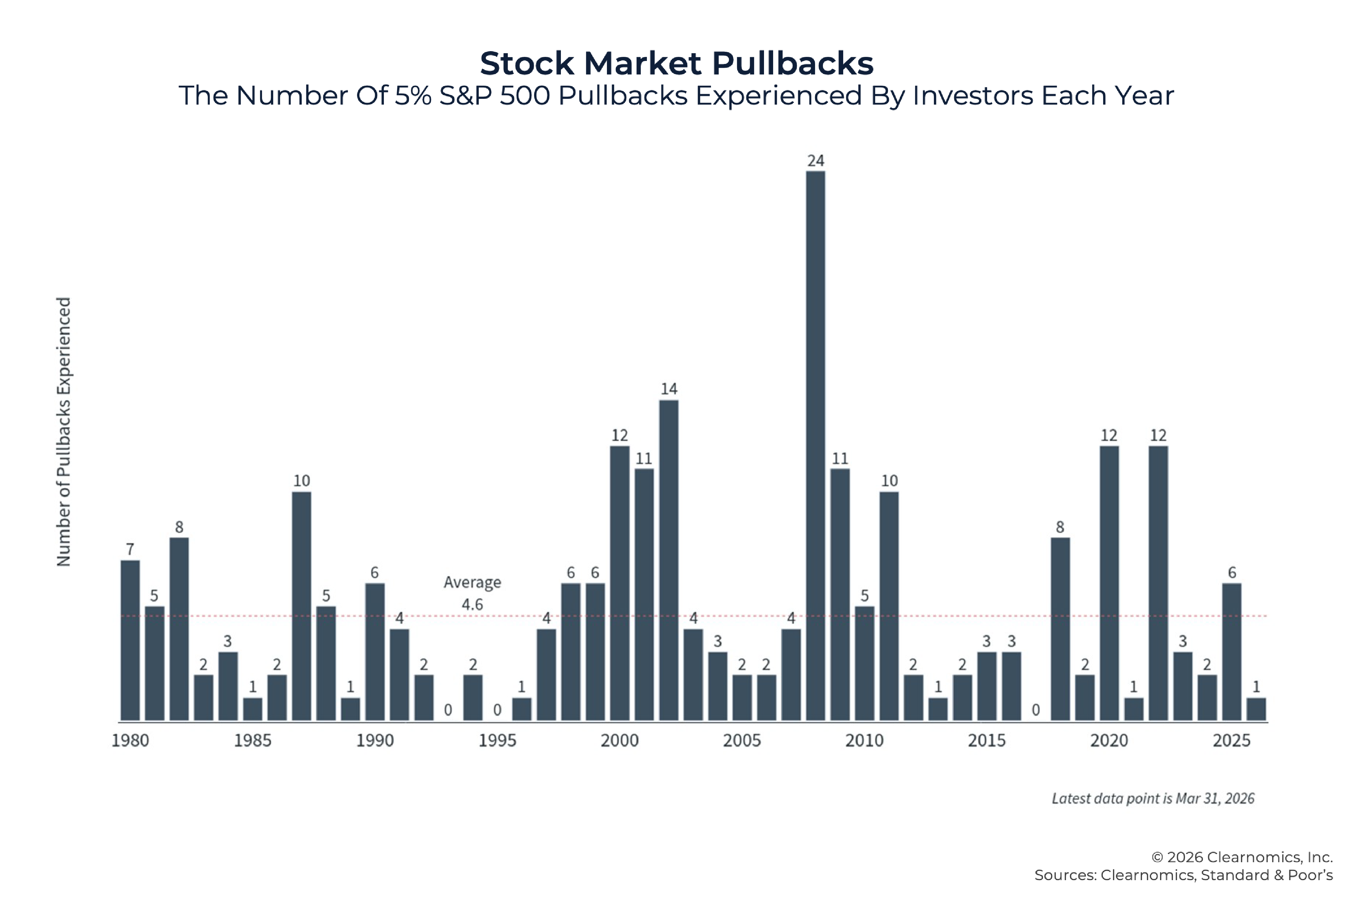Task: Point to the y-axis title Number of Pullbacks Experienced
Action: coord(64,432)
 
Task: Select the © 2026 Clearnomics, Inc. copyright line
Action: coord(1242,857)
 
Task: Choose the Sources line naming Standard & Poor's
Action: coord(1183,875)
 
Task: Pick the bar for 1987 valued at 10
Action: coord(301,606)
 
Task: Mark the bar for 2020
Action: coord(1109,583)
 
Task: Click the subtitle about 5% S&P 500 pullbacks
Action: coord(676,95)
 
